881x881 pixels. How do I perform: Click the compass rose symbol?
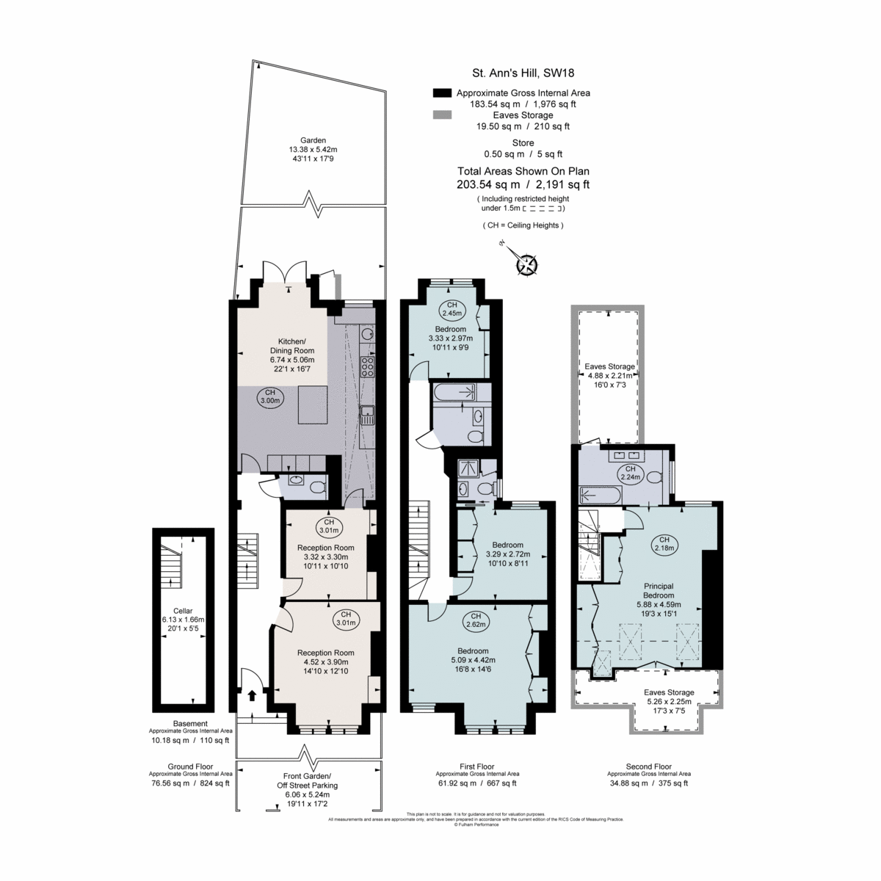tap(527, 264)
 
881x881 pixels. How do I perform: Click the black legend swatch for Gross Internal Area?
tap(442, 93)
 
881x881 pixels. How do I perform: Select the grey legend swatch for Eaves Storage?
tap(442, 115)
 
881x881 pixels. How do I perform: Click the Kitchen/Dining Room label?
tap(291, 350)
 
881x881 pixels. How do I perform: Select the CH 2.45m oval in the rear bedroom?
tap(452, 309)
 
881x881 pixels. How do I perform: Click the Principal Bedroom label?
tap(659, 590)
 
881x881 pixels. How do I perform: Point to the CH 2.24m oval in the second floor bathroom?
tap(628, 473)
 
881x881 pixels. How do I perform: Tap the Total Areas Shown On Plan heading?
tap(523, 172)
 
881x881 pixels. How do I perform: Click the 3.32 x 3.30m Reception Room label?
tap(325, 556)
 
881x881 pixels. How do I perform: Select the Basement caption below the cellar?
tap(190, 723)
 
